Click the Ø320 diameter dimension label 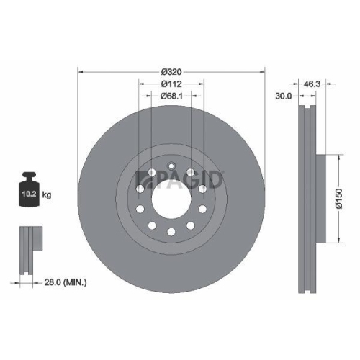click(171, 71)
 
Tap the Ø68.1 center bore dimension click(171, 95)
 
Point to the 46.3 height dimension click(311, 84)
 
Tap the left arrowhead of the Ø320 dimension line click(80, 71)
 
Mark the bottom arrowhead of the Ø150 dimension click(337, 240)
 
